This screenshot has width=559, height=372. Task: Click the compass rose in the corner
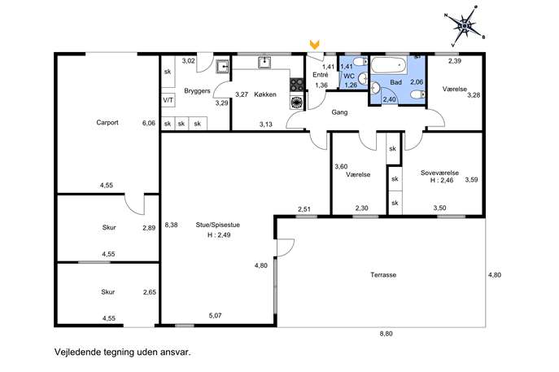pos(465,26)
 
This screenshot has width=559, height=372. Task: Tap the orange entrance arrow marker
pos(314,45)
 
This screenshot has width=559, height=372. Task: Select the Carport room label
pos(107,122)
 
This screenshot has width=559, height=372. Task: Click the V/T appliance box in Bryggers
pos(168,101)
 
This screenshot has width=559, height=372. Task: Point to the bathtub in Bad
pos(389,65)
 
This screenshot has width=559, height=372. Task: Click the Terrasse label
pos(383,275)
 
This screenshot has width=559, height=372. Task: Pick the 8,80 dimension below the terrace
pos(386,334)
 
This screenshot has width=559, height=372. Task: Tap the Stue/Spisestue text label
pos(217,225)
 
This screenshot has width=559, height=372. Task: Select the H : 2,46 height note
pos(442,180)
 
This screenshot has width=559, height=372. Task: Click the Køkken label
pos(265,94)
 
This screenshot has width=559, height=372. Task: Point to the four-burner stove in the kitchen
pos(297,85)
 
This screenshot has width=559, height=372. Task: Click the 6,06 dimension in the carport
pos(149,123)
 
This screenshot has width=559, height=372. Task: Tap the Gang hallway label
pos(339,112)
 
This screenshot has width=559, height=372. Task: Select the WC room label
pos(349,76)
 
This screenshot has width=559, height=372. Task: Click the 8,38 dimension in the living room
pos(171,225)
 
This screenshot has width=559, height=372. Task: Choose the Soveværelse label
pos(439,173)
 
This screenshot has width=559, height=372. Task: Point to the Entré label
pos(320,75)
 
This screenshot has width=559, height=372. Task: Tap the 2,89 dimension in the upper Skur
pos(149,228)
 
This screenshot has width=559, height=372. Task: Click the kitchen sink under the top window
pos(264,62)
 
